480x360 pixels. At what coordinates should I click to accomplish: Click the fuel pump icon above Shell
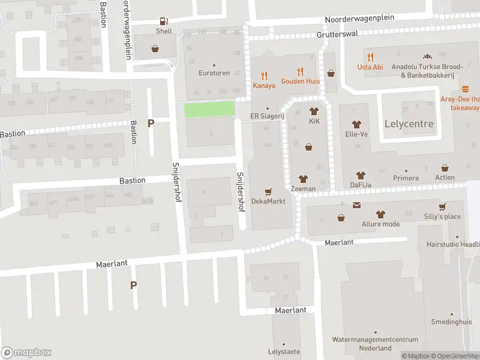(164, 22)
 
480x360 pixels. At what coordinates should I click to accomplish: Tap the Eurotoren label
(214, 73)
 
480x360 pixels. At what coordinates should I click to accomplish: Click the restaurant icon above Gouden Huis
(300, 71)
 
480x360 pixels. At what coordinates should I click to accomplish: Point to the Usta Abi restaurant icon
(370, 58)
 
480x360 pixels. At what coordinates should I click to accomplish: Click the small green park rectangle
(208, 109)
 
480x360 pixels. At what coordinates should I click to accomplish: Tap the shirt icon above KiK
(314, 111)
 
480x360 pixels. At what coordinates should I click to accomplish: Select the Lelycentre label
(408, 124)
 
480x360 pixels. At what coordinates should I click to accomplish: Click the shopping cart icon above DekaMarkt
(268, 192)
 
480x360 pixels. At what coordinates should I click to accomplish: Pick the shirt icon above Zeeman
(303, 179)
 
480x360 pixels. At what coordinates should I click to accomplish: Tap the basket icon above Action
(445, 168)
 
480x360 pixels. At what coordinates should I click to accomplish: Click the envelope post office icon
(357, 206)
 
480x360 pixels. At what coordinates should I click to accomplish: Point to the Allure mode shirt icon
(380, 214)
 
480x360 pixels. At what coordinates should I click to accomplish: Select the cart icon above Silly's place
(442, 207)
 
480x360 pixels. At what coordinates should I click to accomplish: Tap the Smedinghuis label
(451, 322)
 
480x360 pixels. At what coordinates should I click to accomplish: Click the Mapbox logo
(26, 352)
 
